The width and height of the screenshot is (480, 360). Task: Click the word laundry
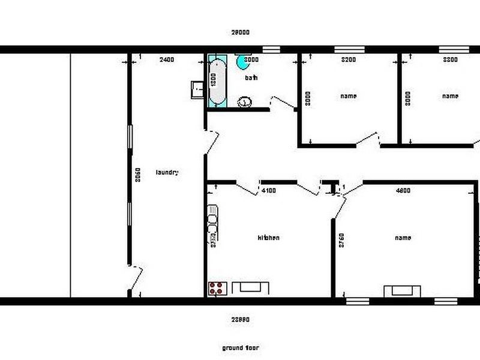tap(167, 172)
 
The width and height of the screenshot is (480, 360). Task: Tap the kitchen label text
tap(268, 238)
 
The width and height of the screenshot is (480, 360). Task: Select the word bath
tap(251, 78)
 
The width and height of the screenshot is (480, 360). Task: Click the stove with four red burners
tap(217, 288)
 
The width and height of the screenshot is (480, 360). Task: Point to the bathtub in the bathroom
tap(217, 81)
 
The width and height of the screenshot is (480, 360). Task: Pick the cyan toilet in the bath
tap(242, 61)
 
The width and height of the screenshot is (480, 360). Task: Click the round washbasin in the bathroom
tap(245, 102)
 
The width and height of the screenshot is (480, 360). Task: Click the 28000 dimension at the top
tap(240, 32)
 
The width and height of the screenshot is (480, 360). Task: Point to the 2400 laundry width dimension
tap(167, 59)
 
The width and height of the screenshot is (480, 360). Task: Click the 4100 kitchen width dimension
tap(269, 191)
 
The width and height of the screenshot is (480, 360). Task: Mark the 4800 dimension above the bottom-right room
tap(403, 191)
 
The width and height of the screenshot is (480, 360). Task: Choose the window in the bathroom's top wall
tap(272, 49)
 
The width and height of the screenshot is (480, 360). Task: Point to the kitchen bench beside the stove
tap(251, 288)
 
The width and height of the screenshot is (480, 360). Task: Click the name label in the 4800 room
tap(403, 238)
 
